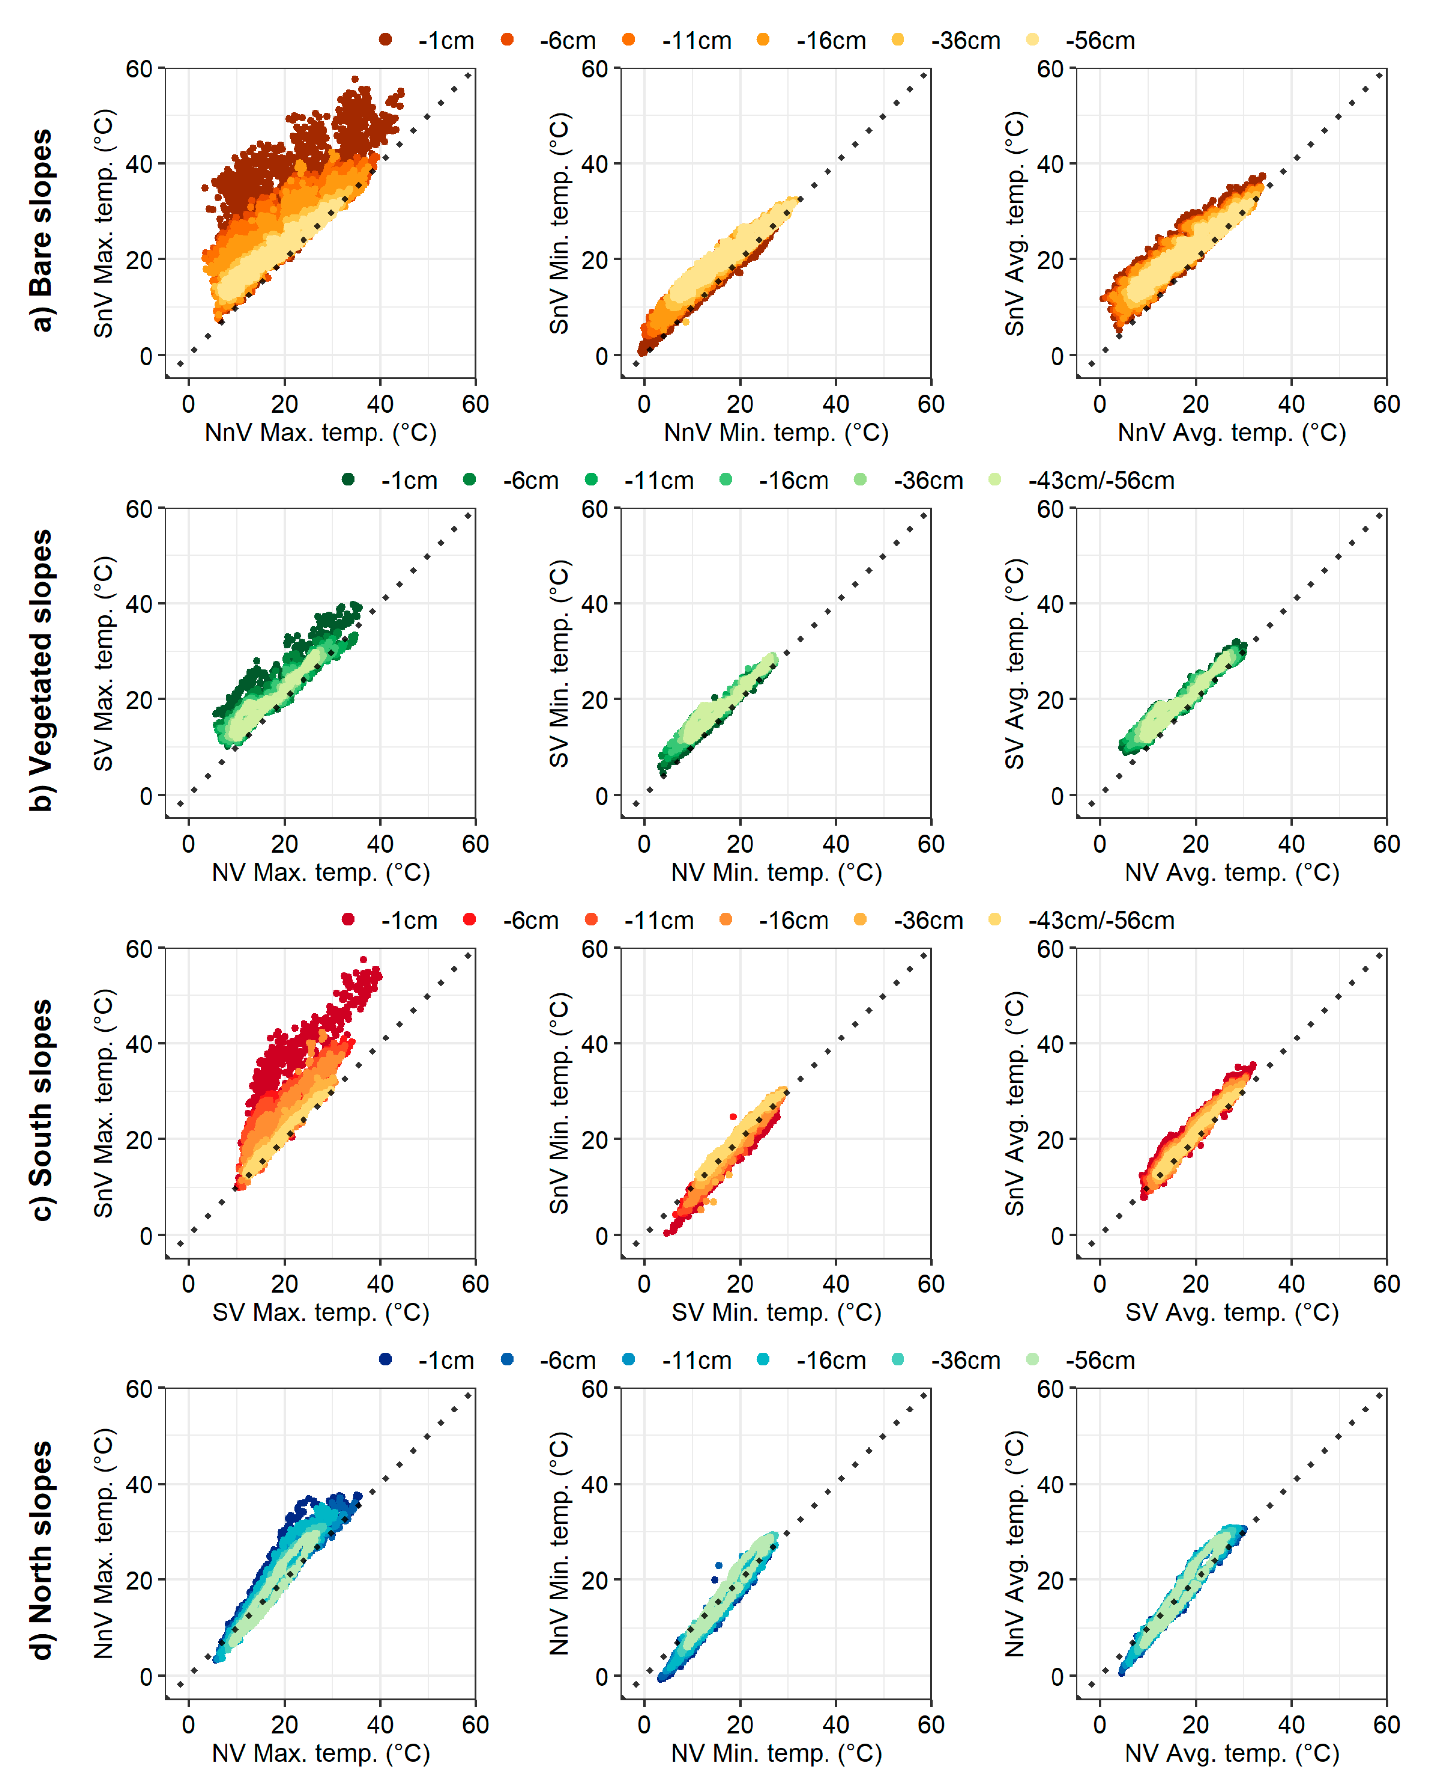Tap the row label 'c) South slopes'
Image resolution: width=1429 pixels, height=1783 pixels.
tap(41, 1110)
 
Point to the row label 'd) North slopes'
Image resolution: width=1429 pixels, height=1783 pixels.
tap(41, 1551)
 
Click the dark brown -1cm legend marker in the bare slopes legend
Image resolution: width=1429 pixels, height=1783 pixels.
tap(385, 40)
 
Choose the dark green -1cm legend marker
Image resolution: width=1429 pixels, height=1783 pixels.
tap(348, 480)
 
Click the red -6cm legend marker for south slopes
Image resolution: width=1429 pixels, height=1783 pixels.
tap(470, 920)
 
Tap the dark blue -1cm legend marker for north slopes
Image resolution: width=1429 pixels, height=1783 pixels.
tap(385, 1359)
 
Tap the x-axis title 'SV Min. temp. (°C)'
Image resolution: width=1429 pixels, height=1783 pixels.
tap(776, 1313)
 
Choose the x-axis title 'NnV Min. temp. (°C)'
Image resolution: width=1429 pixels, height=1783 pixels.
tap(776, 433)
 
